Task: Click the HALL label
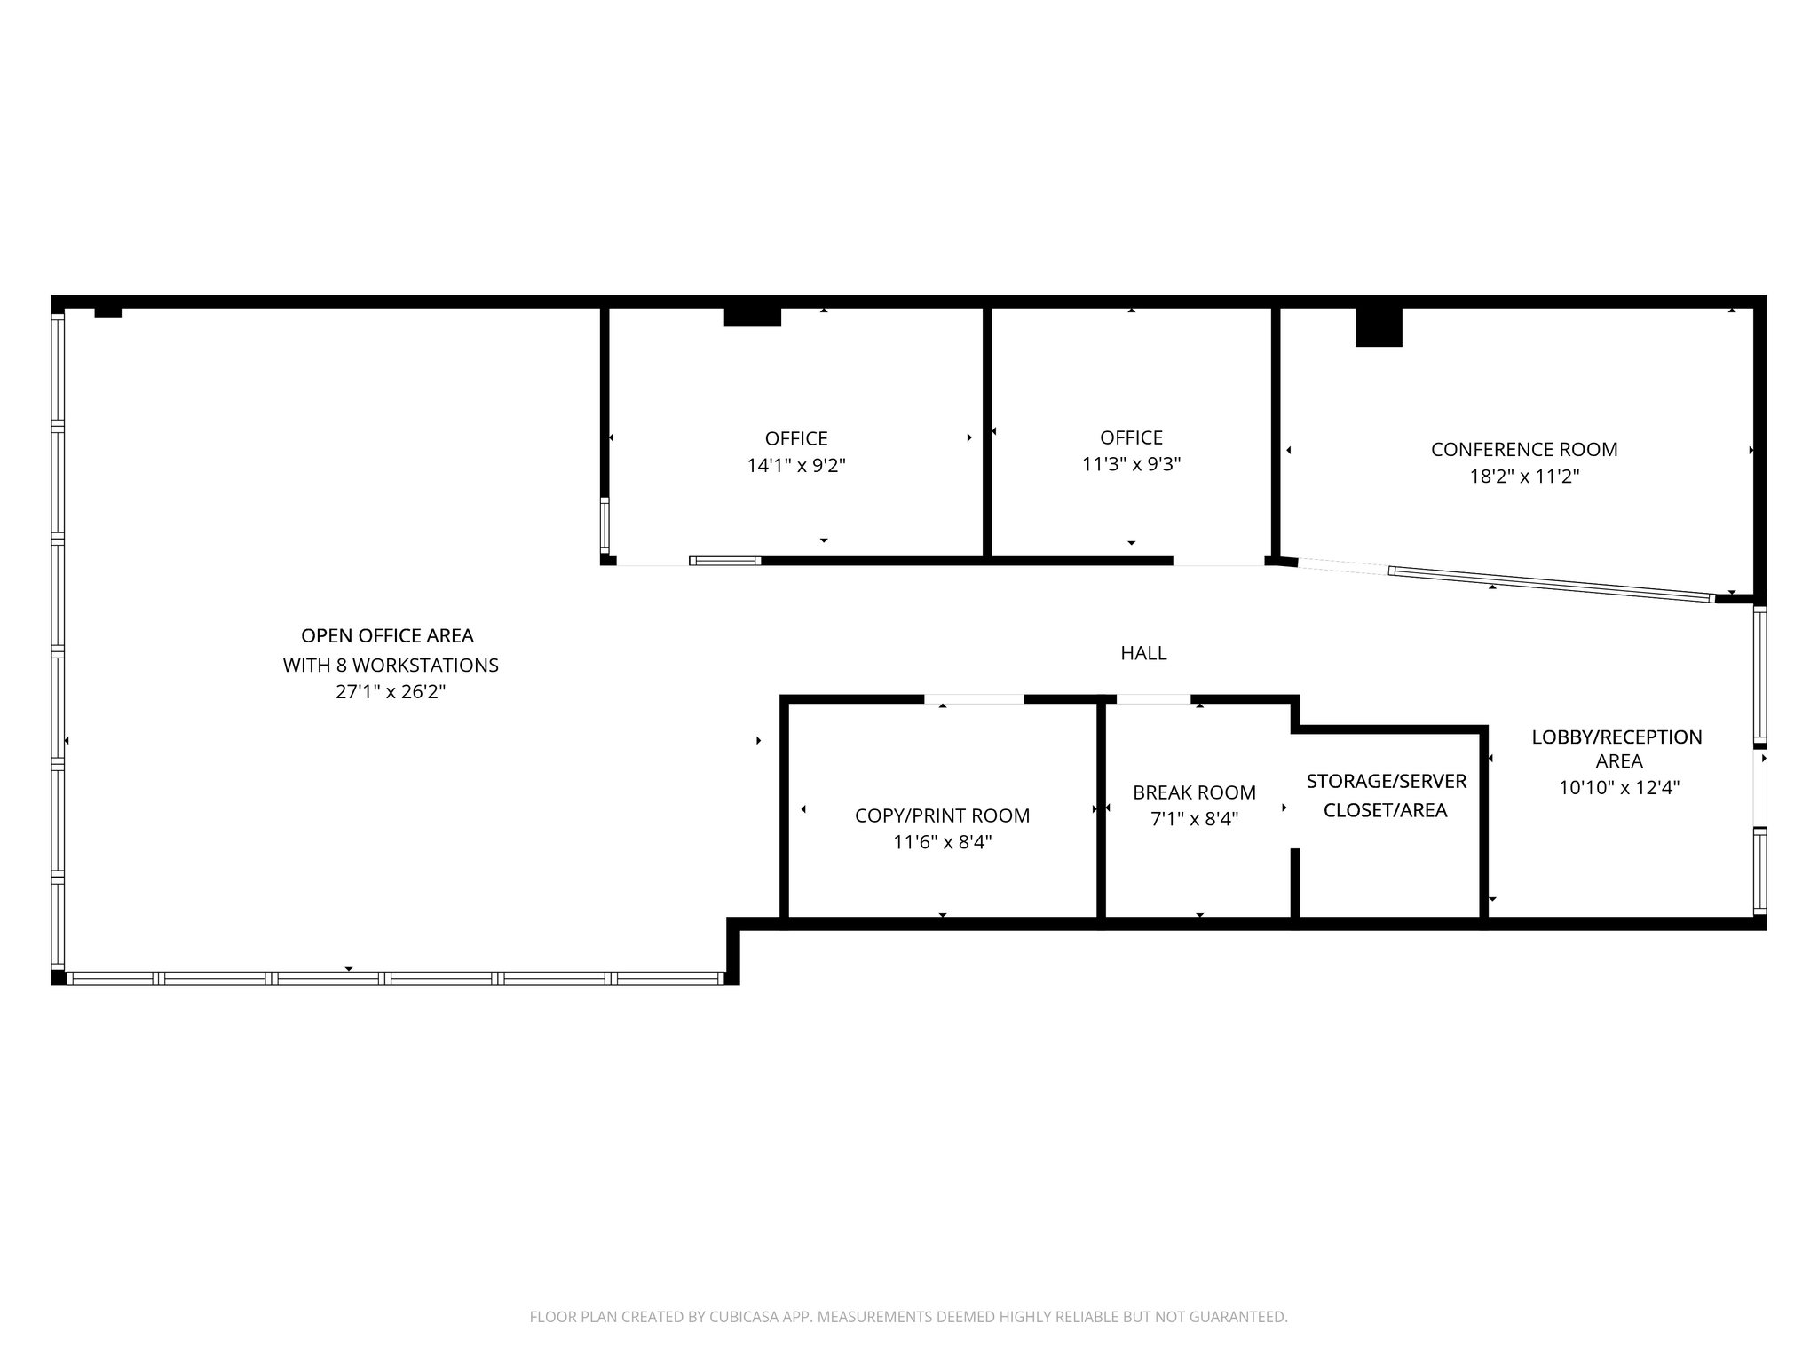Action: coord(1143,653)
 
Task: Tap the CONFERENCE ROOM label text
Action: coord(1524,450)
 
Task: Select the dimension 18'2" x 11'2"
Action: coord(1524,477)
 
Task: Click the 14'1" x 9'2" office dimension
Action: coord(796,465)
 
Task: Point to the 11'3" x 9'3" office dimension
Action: coord(1131,464)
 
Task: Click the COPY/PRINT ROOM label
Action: coord(942,815)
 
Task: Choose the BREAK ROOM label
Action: coord(1194,792)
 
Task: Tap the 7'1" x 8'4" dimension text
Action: coord(1194,819)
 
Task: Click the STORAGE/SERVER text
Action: coord(1386,782)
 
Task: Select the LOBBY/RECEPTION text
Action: coord(1616,737)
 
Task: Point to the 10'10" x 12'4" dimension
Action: coord(1619,787)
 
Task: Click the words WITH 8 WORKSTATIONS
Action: coord(391,665)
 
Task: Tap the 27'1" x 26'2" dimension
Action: coord(391,692)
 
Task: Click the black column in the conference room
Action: coord(1378,327)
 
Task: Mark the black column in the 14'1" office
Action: coord(752,317)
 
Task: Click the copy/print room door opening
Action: coord(974,699)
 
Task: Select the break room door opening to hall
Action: coord(1153,699)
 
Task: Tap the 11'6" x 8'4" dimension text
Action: coord(942,842)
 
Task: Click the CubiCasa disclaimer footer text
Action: coord(908,1317)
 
